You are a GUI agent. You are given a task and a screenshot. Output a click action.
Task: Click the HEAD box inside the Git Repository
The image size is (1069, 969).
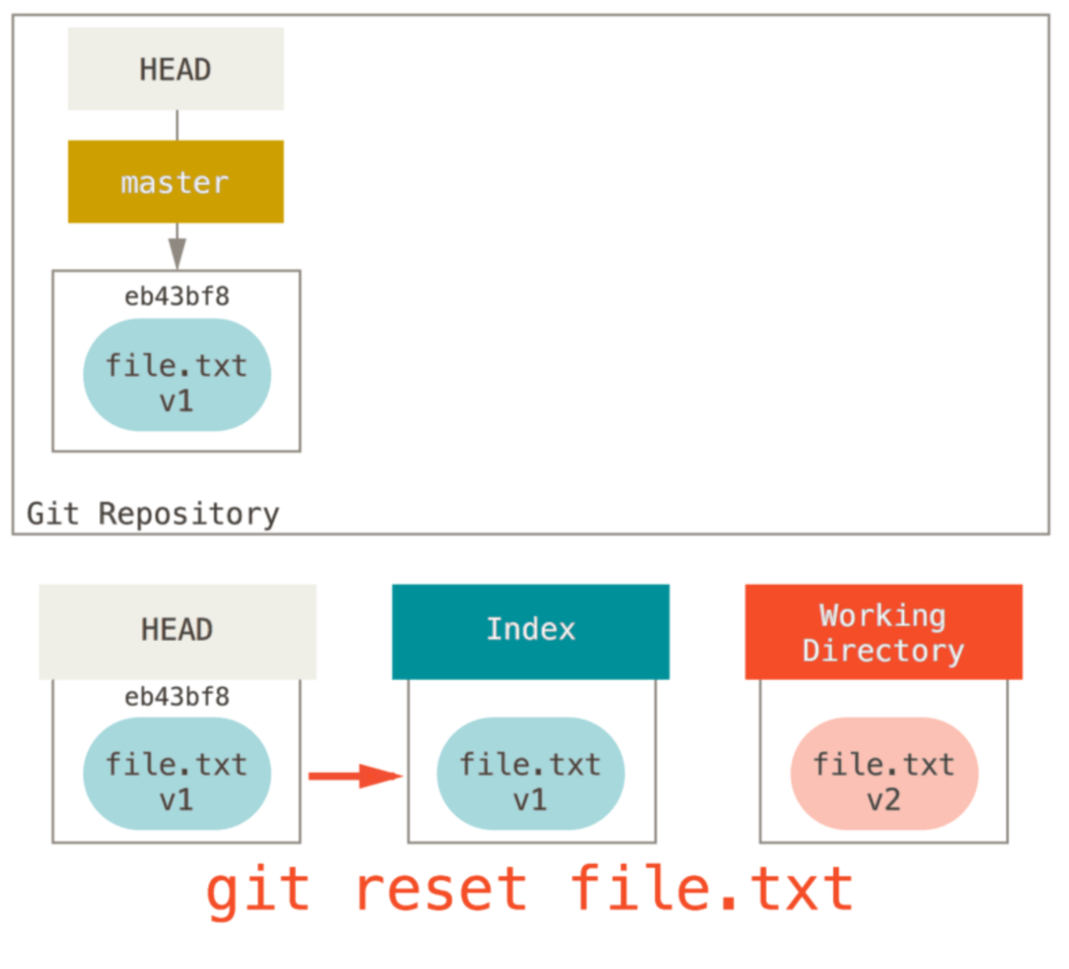pos(175,69)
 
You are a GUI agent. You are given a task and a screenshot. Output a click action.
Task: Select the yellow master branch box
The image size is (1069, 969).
pos(175,182)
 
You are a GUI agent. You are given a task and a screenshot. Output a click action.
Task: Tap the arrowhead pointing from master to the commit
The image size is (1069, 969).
pos(177,253)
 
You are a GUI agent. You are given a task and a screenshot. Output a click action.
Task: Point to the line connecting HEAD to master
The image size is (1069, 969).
pos(177,125)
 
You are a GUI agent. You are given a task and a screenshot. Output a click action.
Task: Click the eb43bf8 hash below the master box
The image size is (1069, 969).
pos(177,297)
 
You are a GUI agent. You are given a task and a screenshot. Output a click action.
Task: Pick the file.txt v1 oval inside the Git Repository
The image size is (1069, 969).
pos(177,375)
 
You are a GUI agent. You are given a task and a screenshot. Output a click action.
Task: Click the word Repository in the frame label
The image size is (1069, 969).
pos(188,514)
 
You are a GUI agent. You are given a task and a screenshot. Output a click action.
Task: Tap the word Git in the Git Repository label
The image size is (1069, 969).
pos(52,514)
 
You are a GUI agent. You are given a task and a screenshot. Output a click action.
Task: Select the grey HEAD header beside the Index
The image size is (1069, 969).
pos(177,630)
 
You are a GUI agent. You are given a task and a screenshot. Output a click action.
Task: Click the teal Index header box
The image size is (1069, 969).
pos(530,630)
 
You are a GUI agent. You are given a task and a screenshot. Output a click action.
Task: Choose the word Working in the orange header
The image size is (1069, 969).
pos(883,615)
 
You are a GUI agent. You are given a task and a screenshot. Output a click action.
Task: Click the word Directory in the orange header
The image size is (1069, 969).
pos(883,651)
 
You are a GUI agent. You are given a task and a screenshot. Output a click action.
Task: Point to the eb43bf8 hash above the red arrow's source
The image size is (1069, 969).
pos(177,697)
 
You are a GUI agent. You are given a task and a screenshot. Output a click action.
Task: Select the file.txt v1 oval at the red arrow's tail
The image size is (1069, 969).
pos(177,774)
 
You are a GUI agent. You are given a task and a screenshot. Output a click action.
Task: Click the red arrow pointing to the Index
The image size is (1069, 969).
pos(354,776)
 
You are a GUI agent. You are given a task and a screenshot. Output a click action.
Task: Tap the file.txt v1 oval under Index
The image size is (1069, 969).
pos(530,774)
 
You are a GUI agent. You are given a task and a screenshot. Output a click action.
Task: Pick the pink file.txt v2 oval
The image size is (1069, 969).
pos(884,774)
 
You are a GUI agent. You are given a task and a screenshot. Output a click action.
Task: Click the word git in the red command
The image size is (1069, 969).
pos(258,890)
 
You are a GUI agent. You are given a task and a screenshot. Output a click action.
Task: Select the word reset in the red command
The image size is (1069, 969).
pos(441,890)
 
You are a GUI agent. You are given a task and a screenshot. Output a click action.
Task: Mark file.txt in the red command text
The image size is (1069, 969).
pos(712,890)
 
